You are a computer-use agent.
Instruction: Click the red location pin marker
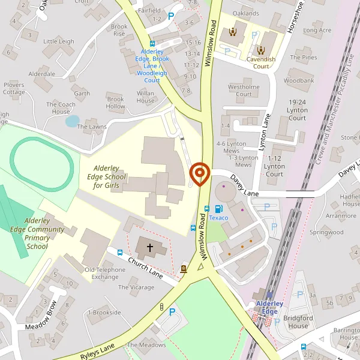coord(199,175)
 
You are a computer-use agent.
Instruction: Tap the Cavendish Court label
coord(261,63)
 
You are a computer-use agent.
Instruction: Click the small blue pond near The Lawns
coord(72,121)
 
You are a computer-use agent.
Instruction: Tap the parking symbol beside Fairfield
coord(172,17)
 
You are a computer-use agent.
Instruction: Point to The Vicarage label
coord(136,287)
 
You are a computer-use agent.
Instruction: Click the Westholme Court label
coord(244,91)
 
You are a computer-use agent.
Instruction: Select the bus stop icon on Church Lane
coord(120,253)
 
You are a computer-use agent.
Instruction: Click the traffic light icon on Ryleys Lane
coord(161,307)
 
